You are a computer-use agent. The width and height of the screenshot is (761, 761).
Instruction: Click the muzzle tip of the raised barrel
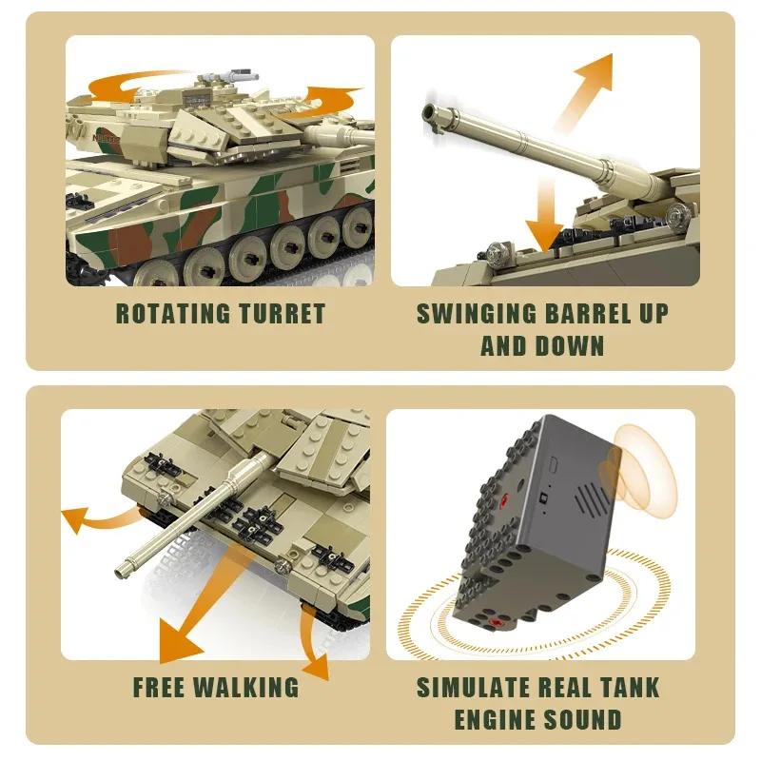433,115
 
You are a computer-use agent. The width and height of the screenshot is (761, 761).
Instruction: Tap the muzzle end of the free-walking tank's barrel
121,571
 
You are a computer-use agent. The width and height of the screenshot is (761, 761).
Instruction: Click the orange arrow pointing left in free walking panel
81,519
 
